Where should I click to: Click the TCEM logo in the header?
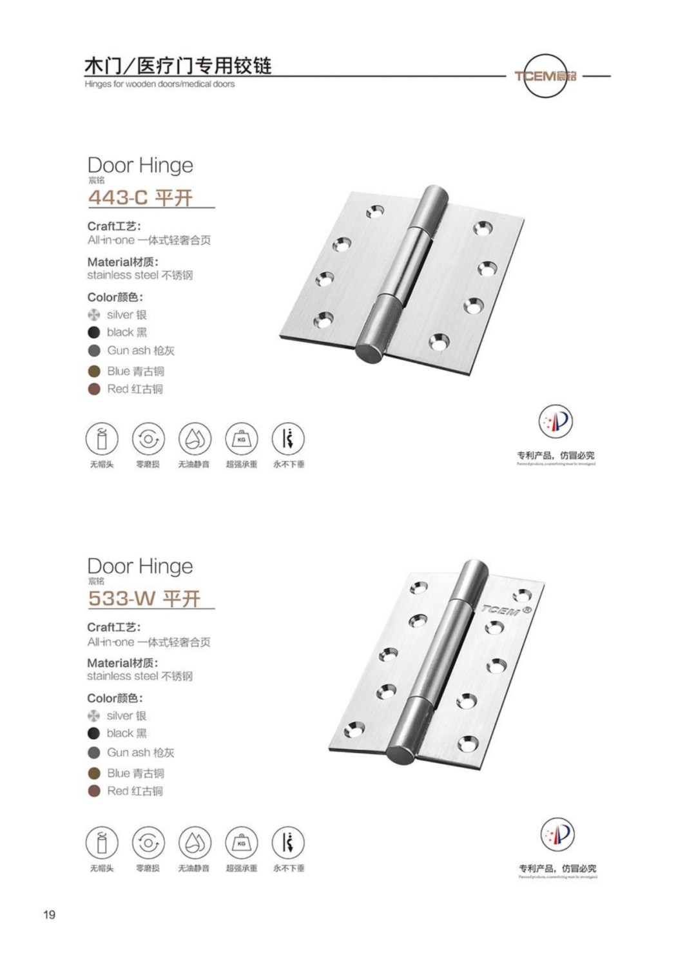[x=545, y=76]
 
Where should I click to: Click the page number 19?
[x=49, y=914]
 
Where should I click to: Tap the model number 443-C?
[x=118, y=197]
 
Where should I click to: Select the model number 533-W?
[x=122, y=599]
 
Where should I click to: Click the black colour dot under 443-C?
[x=94, y=333]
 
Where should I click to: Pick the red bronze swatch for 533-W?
[x=94, y=791]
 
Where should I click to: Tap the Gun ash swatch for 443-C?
[x=94, y=351]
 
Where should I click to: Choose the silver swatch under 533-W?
[x=94, y=716]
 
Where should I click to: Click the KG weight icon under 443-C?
[x=241, y=440]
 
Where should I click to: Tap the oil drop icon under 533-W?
[x=194, y=842]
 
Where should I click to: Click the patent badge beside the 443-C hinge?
[x=556, y=422]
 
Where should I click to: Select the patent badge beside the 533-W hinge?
[x=557, y=835]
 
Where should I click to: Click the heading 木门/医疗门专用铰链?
[x=178, y=66]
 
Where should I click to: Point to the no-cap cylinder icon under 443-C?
[x=102, y=440]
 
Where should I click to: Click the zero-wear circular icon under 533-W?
[x=148, y=842]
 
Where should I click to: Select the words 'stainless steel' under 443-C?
[x=122, y=275]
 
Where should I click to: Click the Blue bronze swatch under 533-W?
[x=94, y=773]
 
